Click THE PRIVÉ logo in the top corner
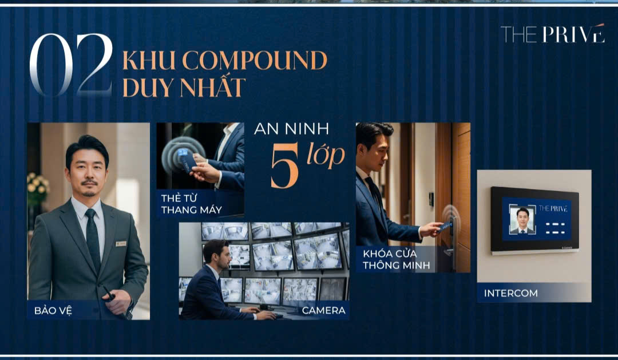coord(552,34)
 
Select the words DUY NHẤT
coord(184,88)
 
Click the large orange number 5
coord(284,170)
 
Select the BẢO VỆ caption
coord(53,311)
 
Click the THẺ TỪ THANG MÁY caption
coord(183,204)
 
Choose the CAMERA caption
coord(323,311)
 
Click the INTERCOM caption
coord(510,293)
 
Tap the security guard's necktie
coord(92,232)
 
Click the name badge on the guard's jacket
coord(121,243)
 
